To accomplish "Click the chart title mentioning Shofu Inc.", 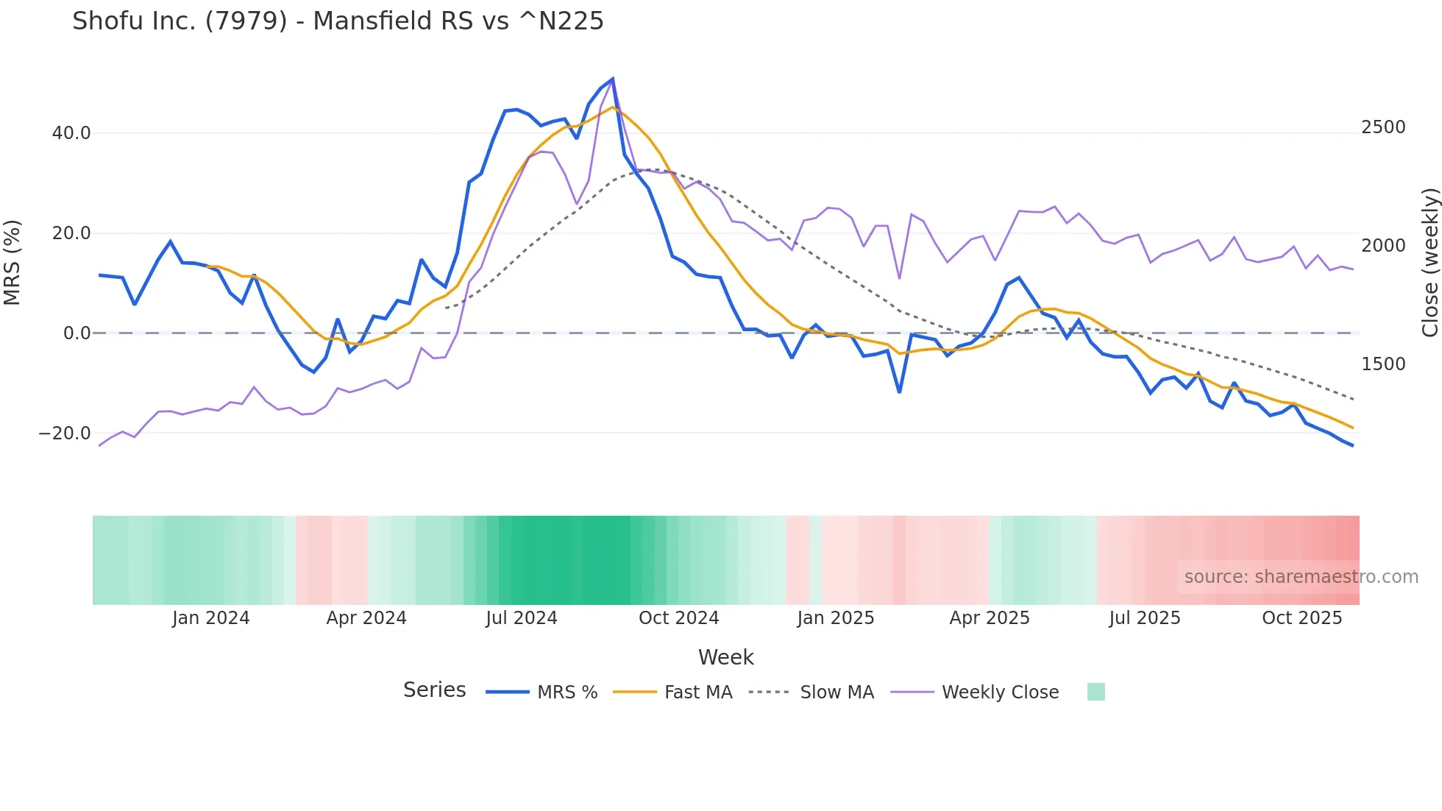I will pyautogui.click(x=338, y=21).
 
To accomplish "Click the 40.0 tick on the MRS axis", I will pyautogui.click(x=71, y=133).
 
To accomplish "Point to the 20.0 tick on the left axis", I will pyautogui.click(x=71, y=233).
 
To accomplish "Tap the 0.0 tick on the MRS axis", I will pyautogui.click(x=77, y=333).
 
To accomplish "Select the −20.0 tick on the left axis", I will pyautogui.click(x=65, y=433).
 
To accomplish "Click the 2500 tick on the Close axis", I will pyautogui.click(x=1383, y=127).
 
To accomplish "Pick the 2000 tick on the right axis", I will pyautogui.click(x=1383, y=246).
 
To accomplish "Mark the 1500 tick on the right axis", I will pyautogui.click(x=1383, y=364).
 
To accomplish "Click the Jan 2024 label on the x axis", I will pyautogui.click(x=211, y=618).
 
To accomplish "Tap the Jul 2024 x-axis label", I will pyautogui.click(x=522, y=618).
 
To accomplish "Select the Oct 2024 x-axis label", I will pyautogui.click(x=678, y=618).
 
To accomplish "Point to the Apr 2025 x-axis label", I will pyautogui.click(x=990, y=618).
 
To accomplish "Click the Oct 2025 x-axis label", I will pyautogui.click(x=1302, y=618).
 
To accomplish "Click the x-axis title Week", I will pyautogui.click(x=725, y=657).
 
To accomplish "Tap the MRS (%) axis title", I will pyautogui.click(x=13, y=262).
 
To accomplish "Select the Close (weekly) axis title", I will pyautogui.click(x=1429, y=262).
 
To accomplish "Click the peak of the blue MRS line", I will pyautogui.click(x=613, y=79).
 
